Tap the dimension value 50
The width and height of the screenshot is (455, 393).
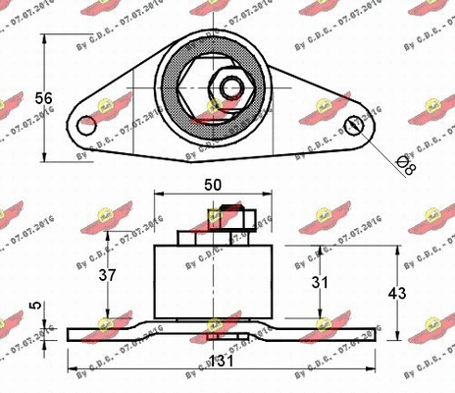(x=213, y=183)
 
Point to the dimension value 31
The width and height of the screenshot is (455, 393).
(x=342, y=284)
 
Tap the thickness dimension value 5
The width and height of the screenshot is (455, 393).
(x=36, y=306)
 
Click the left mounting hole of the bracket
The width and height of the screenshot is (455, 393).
(x=88, y=124)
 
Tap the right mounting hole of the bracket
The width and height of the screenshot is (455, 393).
(x=355, y=124)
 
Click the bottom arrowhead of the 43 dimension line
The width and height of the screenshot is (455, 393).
(x=398, y=336)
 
